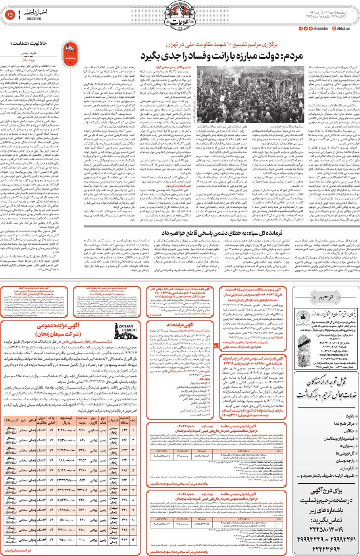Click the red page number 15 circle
click(x=10, y=15)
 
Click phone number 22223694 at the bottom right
click(x=326, y=548)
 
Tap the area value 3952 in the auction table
click(x=83, y=460)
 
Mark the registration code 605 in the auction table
click(x=124, y=471)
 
